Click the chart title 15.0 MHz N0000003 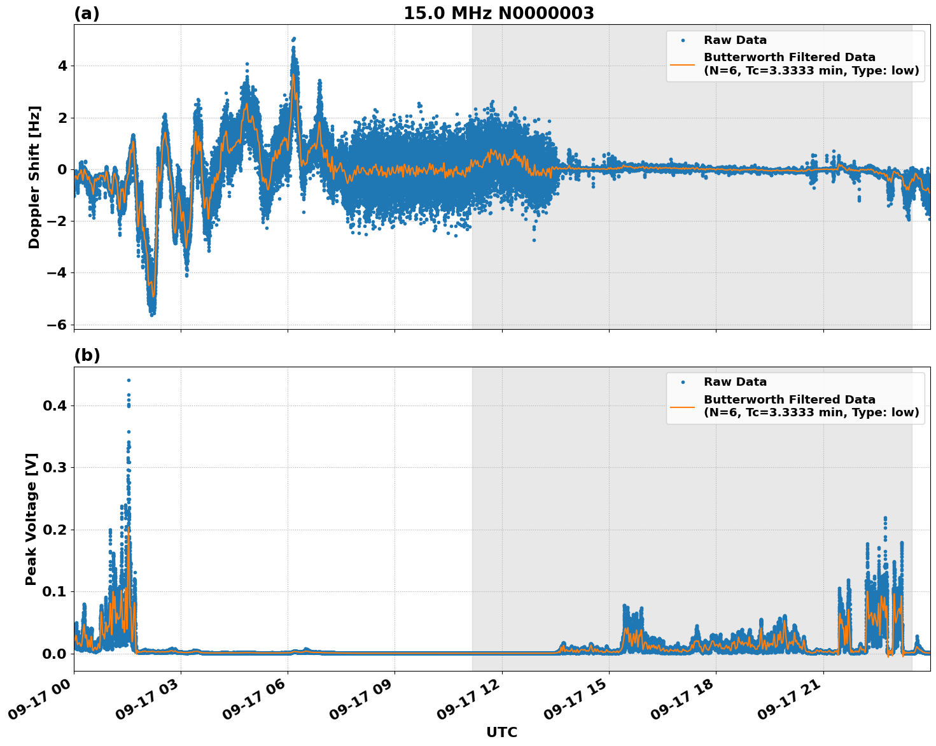click(x=499, y=13)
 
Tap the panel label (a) click(x=87, y=13)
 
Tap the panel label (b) click(x=87, y=355)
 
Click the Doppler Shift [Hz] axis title click(x=34, y=177)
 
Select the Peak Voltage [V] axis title click(x=31, y=519)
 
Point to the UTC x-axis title click(x=501, y=732)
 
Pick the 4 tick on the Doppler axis click(x=62, y=66)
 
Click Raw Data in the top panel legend click(x=735, y=40)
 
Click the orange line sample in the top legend click(x=683, y=64)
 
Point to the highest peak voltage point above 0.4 click(x=129, y=380)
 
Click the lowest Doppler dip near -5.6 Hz click(x=151, y=314)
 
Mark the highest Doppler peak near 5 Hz click(x=293, y=39)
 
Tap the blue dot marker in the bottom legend click(x=683, y=382)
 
